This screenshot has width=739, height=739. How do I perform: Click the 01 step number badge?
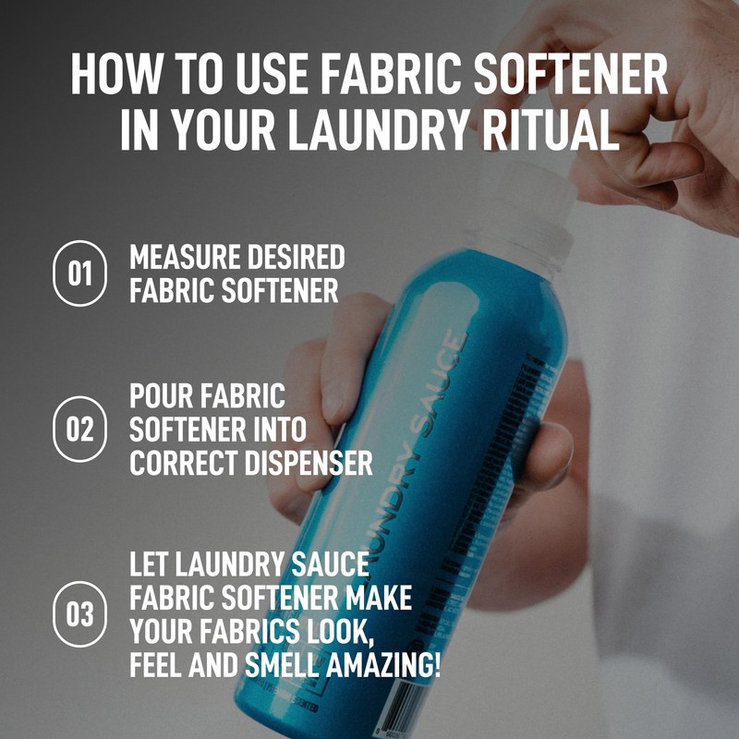(x=81, y=273)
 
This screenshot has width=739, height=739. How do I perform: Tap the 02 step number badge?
(x=81, y=428)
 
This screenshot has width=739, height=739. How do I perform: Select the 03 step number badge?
(x=81, y=613)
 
